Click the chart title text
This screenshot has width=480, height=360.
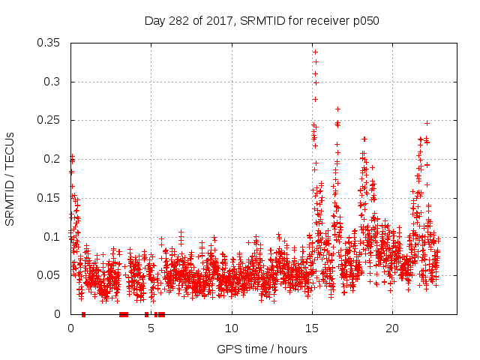point(262,21)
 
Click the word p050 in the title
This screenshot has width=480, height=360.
point(365,21)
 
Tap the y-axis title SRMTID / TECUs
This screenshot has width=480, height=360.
point(10,177)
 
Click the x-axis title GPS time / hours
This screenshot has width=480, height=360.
point(262,349)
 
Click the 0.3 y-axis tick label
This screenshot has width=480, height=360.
point(54,82)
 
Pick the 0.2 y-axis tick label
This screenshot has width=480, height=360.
point(54,159)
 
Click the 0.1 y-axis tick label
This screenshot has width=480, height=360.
point(54,237)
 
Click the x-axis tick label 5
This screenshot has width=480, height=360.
point(151,328)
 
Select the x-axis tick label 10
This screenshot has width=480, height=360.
point(231,328)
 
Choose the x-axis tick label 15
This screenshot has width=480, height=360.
point(311,328)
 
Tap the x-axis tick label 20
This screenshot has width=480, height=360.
point(391,328)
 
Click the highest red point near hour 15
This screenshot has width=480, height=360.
point(315,52)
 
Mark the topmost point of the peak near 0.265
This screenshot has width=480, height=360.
point(337,109)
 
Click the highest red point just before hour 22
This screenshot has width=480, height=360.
point(427,123)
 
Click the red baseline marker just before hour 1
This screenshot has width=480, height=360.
point(83,314)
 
